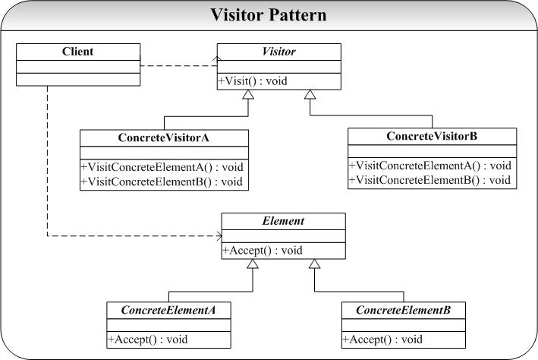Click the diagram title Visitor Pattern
[269, 14]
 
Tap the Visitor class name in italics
[278, 52]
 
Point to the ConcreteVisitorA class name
[164, 137]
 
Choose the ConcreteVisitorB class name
[432, 136]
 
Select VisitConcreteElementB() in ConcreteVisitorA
[164, 181]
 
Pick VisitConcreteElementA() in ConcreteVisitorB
[432, 166]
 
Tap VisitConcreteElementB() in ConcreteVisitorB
[432, 180]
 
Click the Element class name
[282, 221]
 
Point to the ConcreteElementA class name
[168, 310]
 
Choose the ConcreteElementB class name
[403, 310]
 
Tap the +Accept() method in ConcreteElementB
[382, 339]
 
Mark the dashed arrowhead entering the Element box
[218, 235]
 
